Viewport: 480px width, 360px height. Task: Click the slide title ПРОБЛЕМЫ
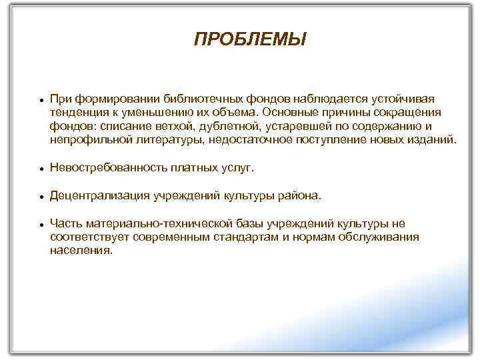coord(250,41)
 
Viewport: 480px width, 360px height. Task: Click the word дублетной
coord(229,126)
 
